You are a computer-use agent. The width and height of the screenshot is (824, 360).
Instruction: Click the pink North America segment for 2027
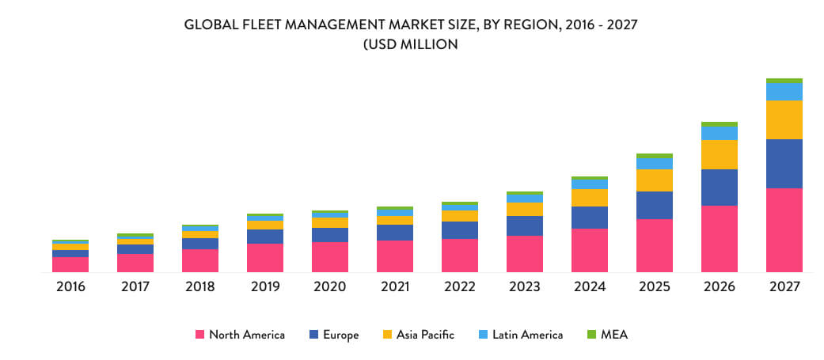point(784,229)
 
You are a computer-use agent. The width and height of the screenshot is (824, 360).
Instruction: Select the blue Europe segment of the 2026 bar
point(719,187)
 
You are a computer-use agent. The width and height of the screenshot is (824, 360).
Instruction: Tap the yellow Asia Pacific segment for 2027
point(784,119)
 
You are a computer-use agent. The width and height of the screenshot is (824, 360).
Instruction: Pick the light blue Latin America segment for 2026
point(719,133)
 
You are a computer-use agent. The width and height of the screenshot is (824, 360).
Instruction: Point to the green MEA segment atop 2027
point(784,81)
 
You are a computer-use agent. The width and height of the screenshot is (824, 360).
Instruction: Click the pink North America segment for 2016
point(70,264)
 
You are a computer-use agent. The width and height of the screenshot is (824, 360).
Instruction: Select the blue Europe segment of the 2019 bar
point(265,237)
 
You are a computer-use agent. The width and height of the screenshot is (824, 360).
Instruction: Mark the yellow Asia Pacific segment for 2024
point(589,198)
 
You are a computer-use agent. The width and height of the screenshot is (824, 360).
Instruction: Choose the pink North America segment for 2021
point(395,256)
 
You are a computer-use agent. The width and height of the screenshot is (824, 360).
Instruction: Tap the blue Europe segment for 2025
point(654,205)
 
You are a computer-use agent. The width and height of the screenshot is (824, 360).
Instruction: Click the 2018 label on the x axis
point(200,286)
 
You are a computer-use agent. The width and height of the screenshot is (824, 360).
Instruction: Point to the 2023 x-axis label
point(525,286)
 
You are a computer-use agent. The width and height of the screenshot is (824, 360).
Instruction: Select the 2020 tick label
point(330,286)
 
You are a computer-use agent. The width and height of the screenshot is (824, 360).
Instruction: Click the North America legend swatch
point(200,335)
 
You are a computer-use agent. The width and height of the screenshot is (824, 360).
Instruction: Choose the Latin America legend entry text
point(527,335)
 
